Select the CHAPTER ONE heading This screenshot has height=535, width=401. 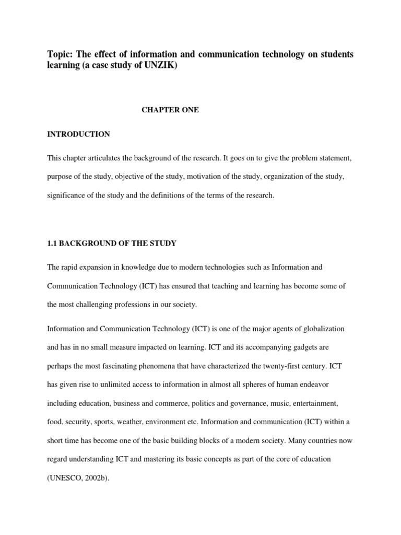coord(170,110)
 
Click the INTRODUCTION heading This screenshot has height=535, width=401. coord(78,134)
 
